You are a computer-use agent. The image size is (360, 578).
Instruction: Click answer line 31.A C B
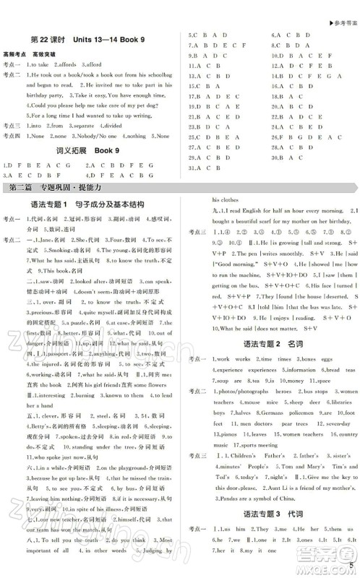coord(205,168)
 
